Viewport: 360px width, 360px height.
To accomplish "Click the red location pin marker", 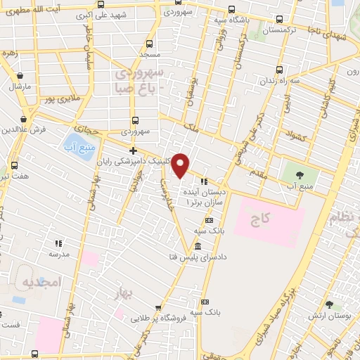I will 181,165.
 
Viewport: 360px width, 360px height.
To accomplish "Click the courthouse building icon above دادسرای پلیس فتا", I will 197,246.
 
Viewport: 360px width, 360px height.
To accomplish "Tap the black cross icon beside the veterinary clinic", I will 133,151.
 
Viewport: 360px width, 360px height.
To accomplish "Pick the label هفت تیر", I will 15,176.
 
